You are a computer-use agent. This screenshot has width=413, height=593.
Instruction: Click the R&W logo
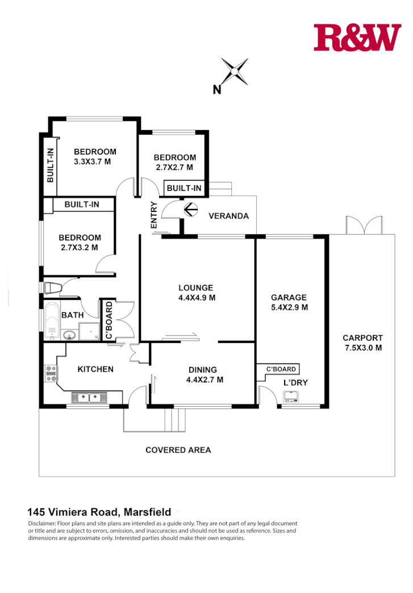357,37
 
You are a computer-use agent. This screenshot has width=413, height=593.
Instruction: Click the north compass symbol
233,72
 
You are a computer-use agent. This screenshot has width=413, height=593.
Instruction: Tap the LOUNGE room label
195,287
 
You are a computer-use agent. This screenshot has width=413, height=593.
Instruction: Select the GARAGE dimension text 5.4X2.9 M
289,307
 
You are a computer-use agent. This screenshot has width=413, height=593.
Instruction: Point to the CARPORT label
363,337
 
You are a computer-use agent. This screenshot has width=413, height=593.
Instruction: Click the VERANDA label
228,216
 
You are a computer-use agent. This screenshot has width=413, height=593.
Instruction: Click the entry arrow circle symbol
190,211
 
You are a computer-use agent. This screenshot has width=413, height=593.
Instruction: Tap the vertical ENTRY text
153,216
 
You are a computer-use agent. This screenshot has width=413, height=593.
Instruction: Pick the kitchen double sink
89,397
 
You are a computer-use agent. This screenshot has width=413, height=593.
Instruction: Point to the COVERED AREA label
178,450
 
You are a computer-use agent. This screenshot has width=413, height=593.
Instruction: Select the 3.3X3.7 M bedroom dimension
91,161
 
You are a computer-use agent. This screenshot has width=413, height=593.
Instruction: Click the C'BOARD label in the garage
281,369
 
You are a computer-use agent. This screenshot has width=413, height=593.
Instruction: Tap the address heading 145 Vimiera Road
99,512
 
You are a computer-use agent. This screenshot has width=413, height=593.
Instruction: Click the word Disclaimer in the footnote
42,523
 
